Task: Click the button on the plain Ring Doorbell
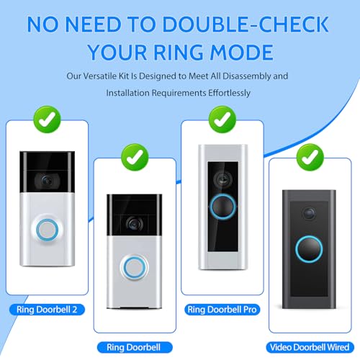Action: click(x=132, y=265)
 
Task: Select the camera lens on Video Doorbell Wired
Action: click(x=309, y=213)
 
